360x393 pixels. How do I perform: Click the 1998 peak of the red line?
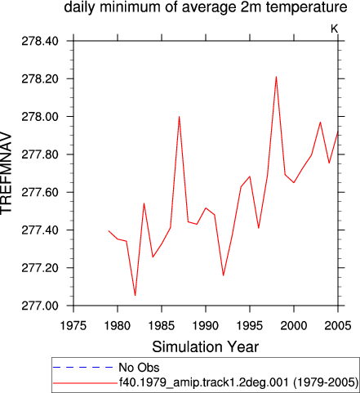(276, 77)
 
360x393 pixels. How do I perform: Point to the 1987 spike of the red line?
(179, 117)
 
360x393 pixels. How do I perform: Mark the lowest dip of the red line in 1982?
(135, 296)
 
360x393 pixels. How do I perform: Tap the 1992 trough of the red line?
(224, 275)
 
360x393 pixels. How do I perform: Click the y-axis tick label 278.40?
(40, 41)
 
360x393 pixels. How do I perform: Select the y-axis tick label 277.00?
(40, 306)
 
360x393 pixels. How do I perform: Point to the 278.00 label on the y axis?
(40, 117)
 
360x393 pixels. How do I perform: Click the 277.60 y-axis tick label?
(40, 192)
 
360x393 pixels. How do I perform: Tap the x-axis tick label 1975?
(73, 325)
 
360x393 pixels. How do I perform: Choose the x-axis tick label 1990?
(206, 325)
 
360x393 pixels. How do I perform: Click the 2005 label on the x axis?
(338, 325)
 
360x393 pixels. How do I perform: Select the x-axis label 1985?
(162, 325)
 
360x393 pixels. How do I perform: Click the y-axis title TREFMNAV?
(6, 173)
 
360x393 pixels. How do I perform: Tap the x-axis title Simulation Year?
(206, 347)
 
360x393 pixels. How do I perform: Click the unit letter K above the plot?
(335, 29)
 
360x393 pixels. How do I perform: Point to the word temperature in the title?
(307, 7)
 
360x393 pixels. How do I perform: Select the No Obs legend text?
(139, 368)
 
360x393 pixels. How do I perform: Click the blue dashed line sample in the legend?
(83, 368)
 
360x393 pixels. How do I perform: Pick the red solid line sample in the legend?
(85, 383)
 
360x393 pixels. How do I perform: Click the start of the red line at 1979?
(109, 231)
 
